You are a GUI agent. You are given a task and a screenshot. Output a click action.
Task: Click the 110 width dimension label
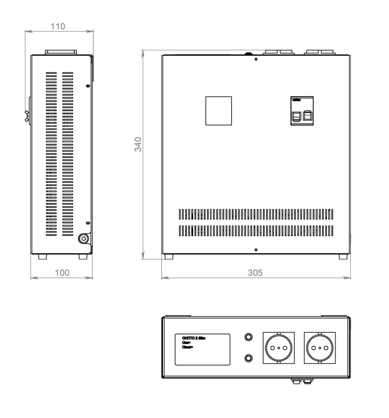pyautogui.click(x=57, y=27)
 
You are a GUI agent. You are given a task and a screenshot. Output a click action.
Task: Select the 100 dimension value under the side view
pyautogui.click(x=62, y=273)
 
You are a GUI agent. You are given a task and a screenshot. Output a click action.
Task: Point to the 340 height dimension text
pyautogui.click(x=139, y=145)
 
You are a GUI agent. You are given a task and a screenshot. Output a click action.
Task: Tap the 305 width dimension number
pyautogui.click(x=256, y=273)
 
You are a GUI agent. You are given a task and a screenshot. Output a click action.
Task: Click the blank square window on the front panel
pyautogui.click(x=218, y=111)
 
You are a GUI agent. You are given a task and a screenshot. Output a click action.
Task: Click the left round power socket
pyautogui.click(x=279, y=348)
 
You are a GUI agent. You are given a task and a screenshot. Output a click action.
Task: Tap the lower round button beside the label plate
pyautogui.click(x=248, y=358)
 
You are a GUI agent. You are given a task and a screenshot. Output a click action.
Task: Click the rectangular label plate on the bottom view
pyautogui.click(x=202, y=349)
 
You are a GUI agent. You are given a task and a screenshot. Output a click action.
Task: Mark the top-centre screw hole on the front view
pyautogui.click(x=256, y=60)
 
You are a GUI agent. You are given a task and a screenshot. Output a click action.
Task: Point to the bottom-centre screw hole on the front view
pyautogui.click(x=256, y=250)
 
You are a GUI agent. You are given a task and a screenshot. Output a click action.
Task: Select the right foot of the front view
pyautogui.click(x=343, y=257)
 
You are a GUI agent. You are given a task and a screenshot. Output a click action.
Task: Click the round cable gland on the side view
pyautogui.click(x=84, y=238)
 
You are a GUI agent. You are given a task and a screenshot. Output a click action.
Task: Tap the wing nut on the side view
pyautogui.click(x=27, y=116)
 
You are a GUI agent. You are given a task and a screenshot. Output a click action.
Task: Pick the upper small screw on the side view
pyautogui.click(x=88, y=86)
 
